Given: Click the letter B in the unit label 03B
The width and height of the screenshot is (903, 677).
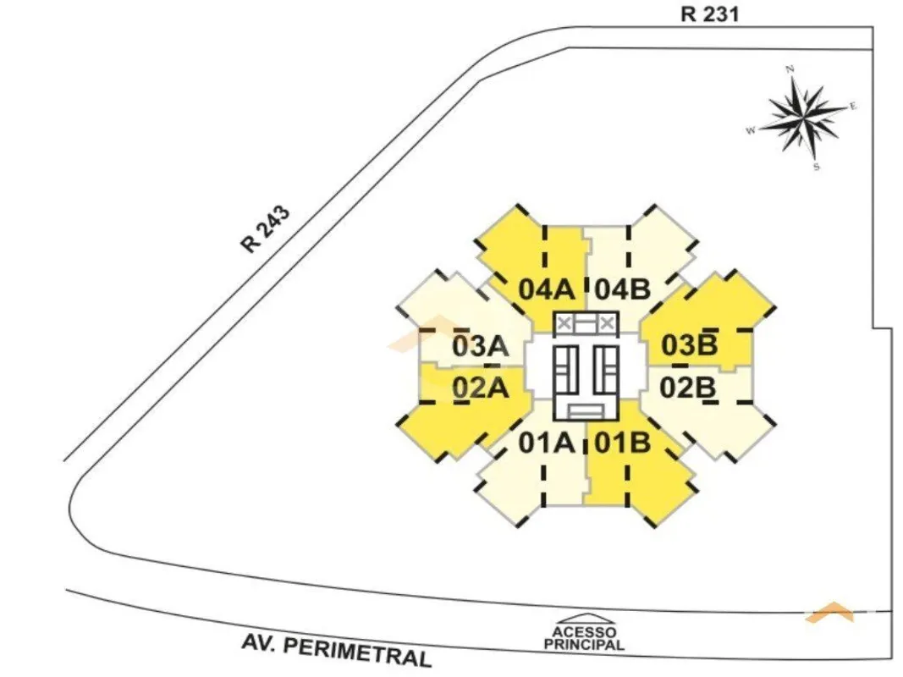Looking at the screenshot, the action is click(x=706, y=344).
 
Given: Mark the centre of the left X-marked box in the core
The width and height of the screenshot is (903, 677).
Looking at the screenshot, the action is click(x=564, y=324).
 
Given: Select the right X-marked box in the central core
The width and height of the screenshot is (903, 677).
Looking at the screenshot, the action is click(x=607, y=324).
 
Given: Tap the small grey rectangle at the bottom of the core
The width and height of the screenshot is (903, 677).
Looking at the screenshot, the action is click(x=586, y=411).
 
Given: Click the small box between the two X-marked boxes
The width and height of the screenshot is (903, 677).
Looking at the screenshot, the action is click(x=586, y=324).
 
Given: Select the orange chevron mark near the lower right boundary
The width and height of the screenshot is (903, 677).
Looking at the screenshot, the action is click(x=829, y=612).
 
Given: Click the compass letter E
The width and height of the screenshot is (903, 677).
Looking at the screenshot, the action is click(x=853, y=106).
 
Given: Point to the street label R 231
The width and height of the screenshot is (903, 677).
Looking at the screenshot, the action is click(x=709, y=14).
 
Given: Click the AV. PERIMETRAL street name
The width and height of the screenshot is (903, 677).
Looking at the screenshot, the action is click(x=337, y=650).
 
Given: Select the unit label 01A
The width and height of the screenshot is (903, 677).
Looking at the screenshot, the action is click(x=546, y=443).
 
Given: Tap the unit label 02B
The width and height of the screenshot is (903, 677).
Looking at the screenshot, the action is click(x=687, y=388).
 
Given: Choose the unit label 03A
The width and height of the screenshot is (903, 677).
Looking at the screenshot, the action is click(x=481, y=347).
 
